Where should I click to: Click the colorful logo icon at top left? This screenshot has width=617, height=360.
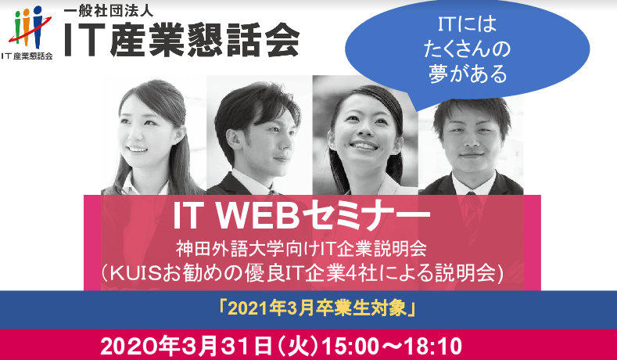pos(27,25)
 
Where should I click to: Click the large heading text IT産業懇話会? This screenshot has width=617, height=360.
pos(181,38)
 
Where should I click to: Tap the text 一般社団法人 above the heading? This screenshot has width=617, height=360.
pos(110,11)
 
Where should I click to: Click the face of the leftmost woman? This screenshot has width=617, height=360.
pos(149,126)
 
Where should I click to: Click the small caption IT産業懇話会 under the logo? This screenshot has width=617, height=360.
pos(27,56)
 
